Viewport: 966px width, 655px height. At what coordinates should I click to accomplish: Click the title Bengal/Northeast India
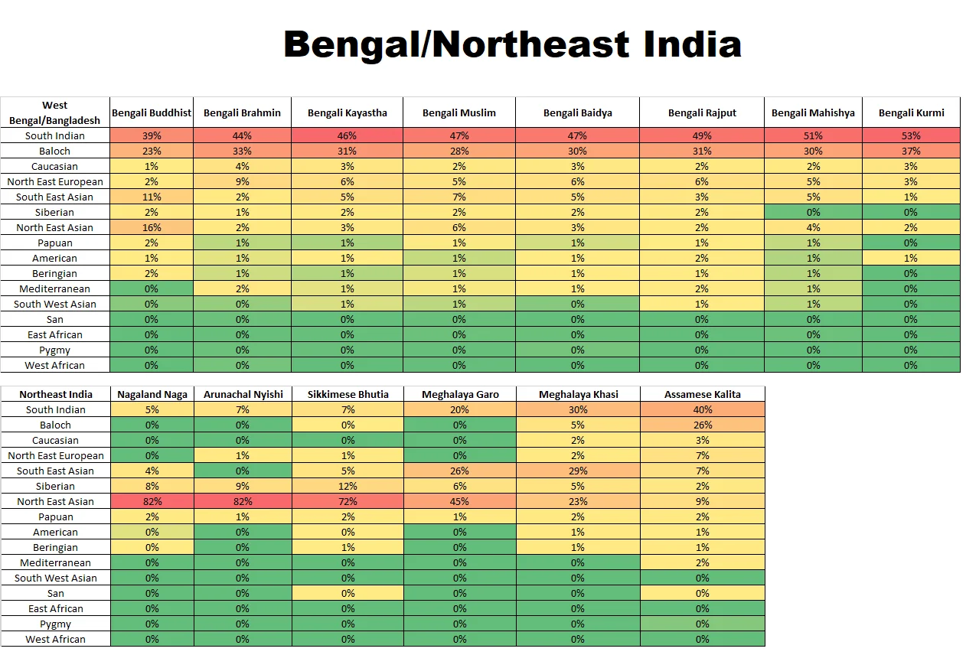point(512,44)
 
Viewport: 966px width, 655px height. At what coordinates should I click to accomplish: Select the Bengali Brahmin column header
point(242,112)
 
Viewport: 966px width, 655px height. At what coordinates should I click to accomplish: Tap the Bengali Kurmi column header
point(911,112)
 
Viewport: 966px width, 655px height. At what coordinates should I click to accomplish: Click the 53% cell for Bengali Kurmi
point(911,135)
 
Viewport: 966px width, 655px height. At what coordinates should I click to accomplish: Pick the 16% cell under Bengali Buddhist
point(152,227)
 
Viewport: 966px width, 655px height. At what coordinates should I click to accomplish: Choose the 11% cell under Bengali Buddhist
point(152,197)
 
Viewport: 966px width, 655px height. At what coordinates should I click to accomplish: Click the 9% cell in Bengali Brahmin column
point(242,181)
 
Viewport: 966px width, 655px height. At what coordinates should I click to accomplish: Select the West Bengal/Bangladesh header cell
point(55,112)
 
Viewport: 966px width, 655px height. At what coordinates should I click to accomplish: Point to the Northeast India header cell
point(56,394)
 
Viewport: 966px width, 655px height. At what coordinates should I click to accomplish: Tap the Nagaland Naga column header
point(152,394)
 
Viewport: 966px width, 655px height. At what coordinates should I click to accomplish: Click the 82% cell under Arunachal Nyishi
point(243,501)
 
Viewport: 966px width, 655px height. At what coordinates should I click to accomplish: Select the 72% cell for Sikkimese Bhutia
point(348,501)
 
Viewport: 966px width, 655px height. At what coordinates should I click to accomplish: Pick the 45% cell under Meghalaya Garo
point(460,501)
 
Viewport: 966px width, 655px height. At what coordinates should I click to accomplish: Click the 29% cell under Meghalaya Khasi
point(578,471)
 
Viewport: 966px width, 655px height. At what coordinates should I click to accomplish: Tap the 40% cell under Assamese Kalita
point(703,409)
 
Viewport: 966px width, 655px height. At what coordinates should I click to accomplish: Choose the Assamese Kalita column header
point(703,394)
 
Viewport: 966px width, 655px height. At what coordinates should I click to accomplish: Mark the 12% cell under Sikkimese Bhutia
point(348,486)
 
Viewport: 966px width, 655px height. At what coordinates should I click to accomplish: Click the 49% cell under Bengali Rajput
point(702,135)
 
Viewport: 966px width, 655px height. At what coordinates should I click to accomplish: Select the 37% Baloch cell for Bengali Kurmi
point(911,151)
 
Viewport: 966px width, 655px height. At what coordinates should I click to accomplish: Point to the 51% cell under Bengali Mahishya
point(813,135)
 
